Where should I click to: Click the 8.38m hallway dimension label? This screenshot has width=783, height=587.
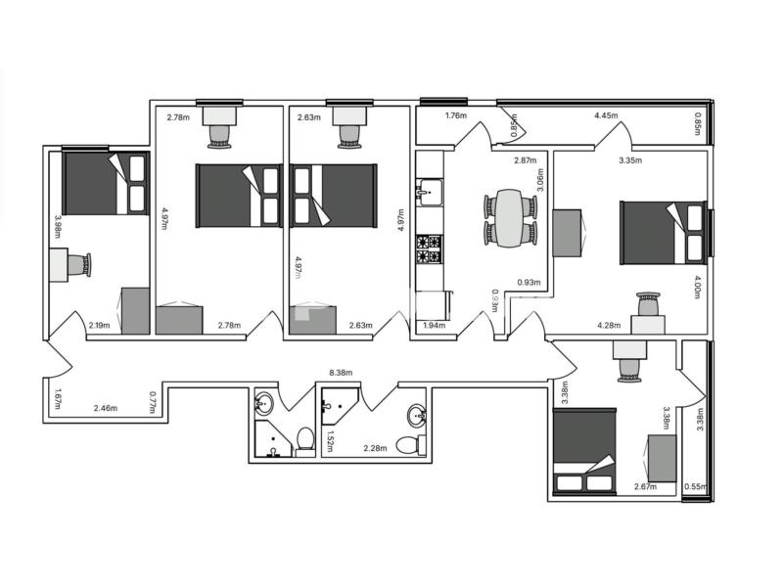(341, 373)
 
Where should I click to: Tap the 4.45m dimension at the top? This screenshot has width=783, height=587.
(606, 115)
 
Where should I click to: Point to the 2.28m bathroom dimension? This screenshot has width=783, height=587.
(375, 448)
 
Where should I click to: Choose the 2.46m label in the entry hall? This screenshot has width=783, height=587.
(106, 408)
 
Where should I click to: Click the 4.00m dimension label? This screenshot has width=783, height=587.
(697, 287)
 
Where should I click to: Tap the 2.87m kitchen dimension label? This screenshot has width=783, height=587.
(526, 160)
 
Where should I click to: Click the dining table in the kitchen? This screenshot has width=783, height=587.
(509, 218)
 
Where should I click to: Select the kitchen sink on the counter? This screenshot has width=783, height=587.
(429, 192)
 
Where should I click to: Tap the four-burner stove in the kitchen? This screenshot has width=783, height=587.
(429, 249)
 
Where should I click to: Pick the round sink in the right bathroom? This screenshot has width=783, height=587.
(417, 416)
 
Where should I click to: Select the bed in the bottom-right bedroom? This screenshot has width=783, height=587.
(584, 451)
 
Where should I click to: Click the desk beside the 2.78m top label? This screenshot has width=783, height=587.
(219, 115)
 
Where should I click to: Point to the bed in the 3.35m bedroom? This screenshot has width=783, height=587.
(664, 233)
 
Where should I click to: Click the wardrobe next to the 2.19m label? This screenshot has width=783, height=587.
(135, 310)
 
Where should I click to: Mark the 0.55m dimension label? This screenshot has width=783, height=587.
(696, 486)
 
